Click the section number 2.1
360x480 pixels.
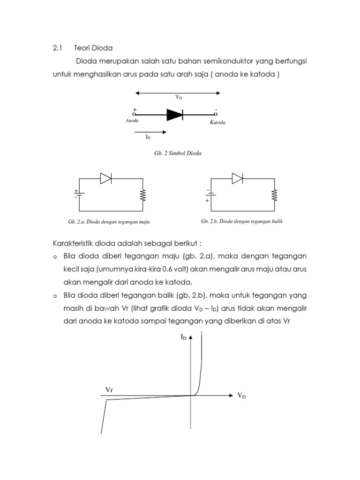click(x=57, y=48)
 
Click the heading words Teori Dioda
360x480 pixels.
click(x=94, y=48)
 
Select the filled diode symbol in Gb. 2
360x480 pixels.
click(x=174, y=114)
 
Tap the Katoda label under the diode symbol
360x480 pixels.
click(x=217, y=122)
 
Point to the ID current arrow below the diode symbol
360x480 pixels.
click(x=150, y=132)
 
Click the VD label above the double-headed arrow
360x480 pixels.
click(x=179, y=97)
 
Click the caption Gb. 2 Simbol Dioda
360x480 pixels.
click(x=178, y=153)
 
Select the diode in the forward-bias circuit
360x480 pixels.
click(x=105, y=178)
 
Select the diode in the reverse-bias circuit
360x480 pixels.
click(x=237, y=178)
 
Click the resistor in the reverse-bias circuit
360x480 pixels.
click(x=275, y=195)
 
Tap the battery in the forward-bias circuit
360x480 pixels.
click(x=79, y=194)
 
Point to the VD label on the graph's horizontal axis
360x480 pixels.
click(x=241, y=396)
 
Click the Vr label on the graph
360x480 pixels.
click(x=109, y=390)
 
